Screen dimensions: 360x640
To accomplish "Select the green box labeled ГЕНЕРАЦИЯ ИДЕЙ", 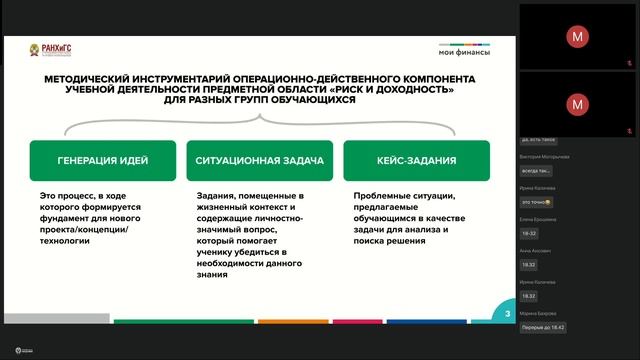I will point(103,160).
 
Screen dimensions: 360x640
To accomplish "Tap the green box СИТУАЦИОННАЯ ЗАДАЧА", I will point(260,160).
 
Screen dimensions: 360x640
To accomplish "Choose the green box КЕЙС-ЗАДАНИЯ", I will point(416,160).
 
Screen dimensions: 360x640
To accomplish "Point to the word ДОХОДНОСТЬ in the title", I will point(412,89).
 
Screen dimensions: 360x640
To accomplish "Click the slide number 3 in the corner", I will point(508,314).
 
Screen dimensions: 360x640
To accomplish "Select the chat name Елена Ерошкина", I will point(539,218).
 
